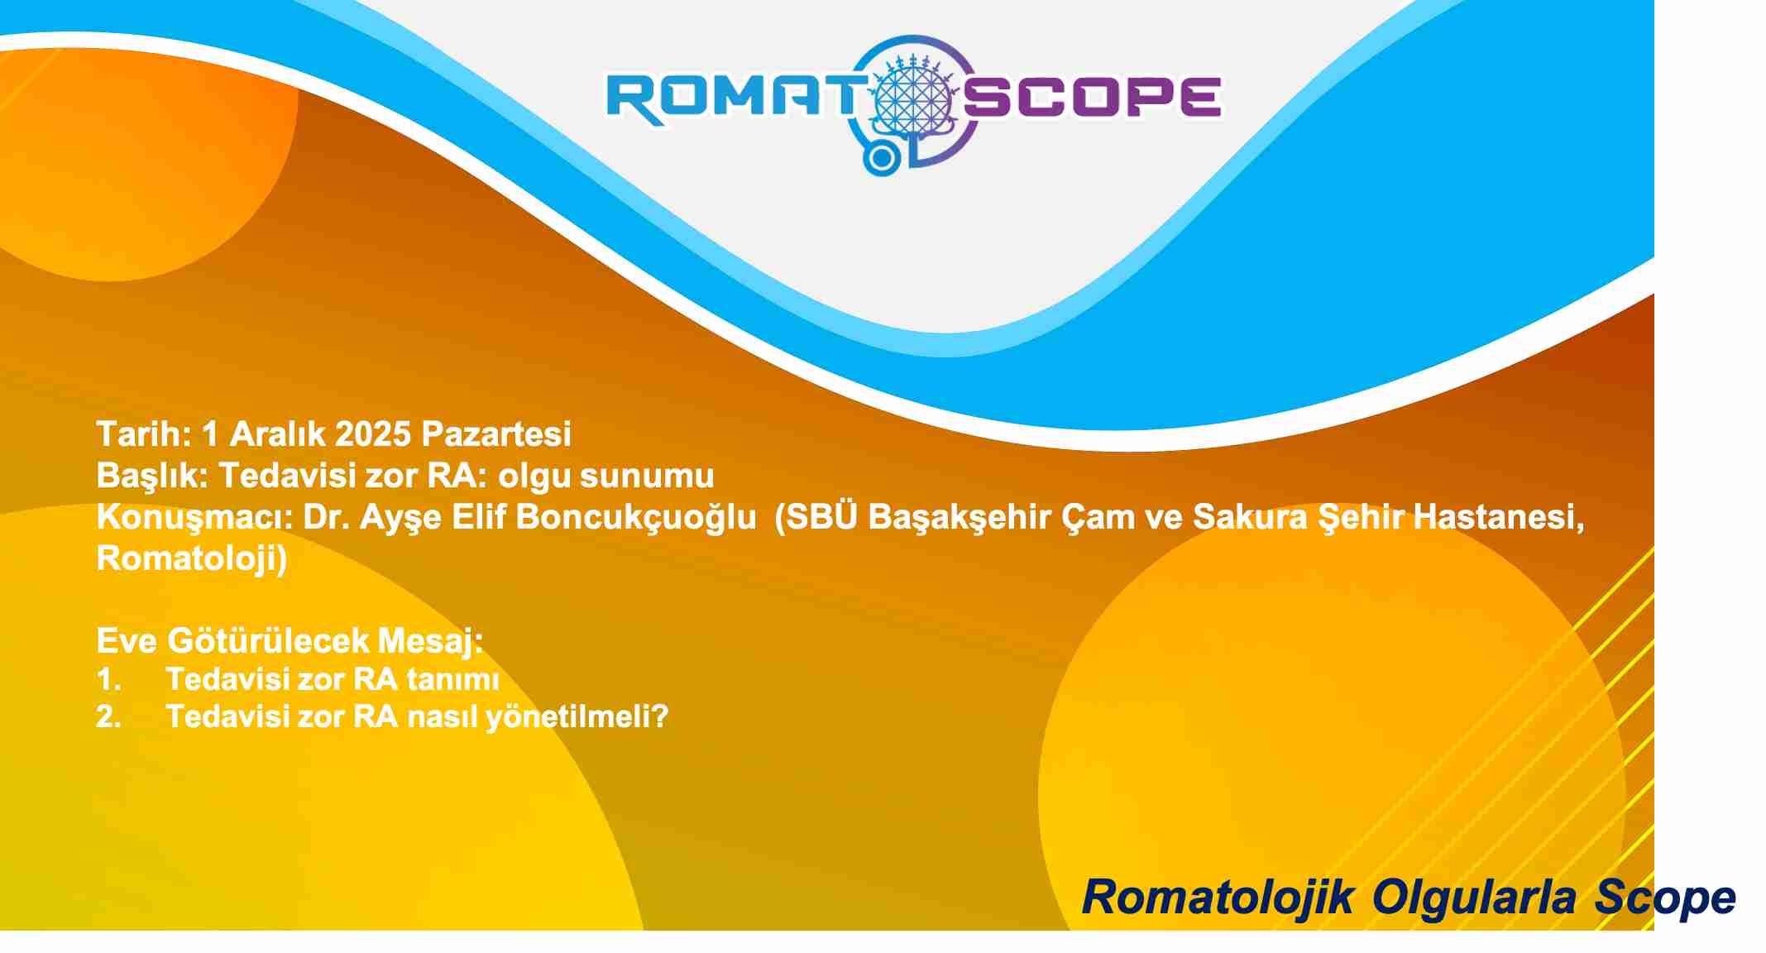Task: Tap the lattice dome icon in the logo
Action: point(914,98)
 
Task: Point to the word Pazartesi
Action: point(496,434)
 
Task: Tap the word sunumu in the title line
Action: point(647,476)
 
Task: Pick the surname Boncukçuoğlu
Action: point(636,518)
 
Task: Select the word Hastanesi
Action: point(1498,517)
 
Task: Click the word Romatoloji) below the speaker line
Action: point(192,558)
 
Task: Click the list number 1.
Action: point(108,679)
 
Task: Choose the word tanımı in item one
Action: point(453,679)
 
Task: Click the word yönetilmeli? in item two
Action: point(577,716)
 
